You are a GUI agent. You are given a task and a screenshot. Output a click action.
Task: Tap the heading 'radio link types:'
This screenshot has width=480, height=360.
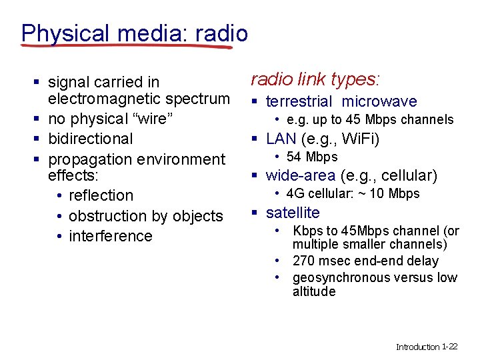point(315,79)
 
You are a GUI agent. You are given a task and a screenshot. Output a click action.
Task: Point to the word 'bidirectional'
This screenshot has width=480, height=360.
point(91,139)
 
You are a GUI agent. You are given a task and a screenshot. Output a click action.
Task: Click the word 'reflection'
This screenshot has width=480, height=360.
point(101,195)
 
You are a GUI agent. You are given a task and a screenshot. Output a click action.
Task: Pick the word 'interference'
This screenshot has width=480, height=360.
point(110,236)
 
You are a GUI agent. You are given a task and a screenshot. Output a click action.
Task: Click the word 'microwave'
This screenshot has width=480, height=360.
point(379,101)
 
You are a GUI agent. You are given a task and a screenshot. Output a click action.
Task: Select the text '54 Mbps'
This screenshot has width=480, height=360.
point(312,157)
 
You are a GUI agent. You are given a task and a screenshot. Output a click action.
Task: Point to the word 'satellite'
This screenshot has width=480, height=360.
point(293,213)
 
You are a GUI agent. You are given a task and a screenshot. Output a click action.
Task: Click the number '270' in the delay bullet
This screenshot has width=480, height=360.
point(304,261)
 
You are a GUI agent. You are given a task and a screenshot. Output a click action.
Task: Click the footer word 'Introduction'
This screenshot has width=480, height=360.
point(417,347)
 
